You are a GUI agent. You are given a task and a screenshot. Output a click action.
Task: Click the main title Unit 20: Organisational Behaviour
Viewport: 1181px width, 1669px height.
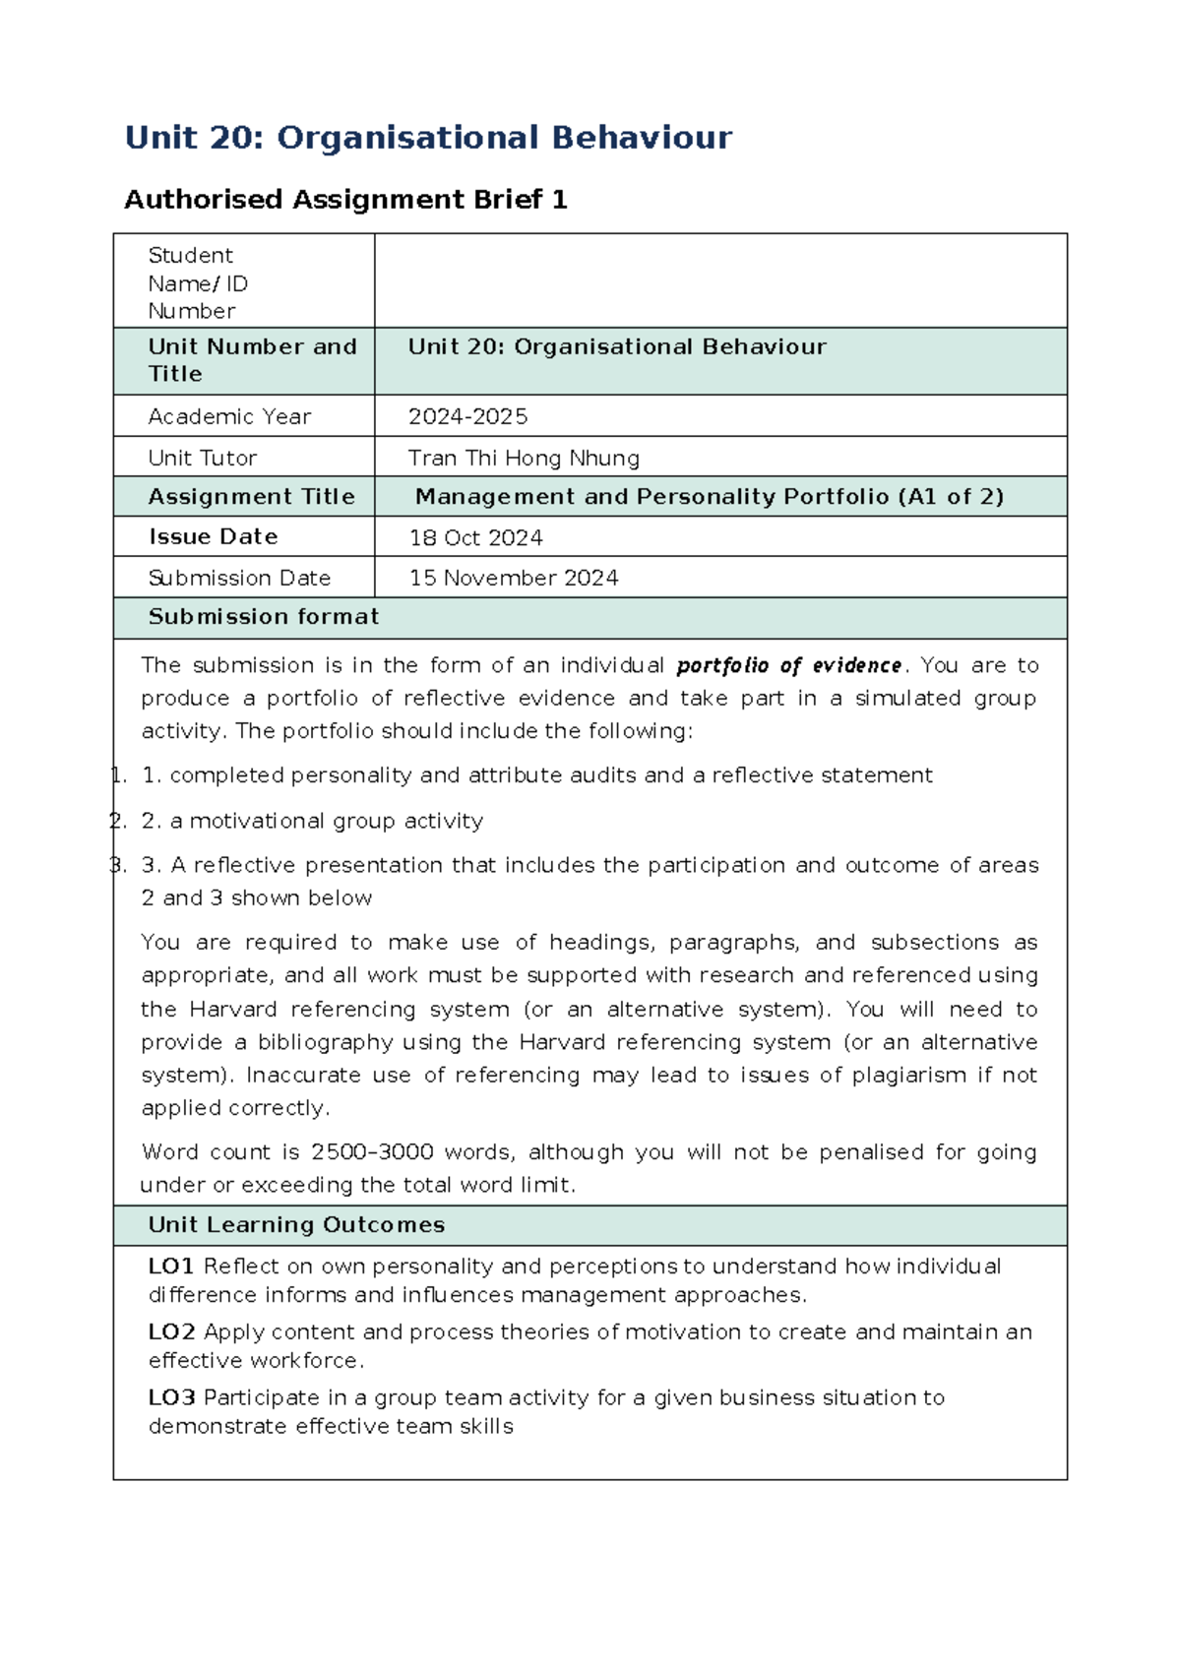coord(428,138)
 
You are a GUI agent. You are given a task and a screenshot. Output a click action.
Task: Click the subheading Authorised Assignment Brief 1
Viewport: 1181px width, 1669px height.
coord(345,200)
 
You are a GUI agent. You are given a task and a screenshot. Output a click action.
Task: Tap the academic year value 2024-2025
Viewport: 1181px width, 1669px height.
coord(467,416)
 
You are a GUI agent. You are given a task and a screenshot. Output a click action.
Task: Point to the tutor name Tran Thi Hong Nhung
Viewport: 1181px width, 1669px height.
coord(524,458)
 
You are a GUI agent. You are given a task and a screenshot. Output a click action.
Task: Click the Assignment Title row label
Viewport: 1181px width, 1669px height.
coord(251,497)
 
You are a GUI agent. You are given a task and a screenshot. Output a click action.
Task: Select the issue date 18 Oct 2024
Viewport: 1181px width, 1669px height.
coord(475,537)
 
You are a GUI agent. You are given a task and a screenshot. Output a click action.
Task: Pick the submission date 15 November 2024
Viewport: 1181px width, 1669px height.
coord(514,578)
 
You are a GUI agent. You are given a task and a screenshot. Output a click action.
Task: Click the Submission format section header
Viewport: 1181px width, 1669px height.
coord(263,617)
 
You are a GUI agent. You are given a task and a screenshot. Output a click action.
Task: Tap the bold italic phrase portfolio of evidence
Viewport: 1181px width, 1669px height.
coord(788,666)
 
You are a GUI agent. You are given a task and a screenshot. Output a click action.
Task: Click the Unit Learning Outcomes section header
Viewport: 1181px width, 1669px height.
coord(296,1225)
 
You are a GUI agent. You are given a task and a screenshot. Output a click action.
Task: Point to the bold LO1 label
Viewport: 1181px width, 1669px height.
coord(171,1267)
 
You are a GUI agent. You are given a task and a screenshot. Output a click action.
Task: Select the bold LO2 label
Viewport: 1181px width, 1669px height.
coord(171,1332)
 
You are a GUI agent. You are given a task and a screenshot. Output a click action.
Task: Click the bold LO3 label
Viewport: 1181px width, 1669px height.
coord(171,1398)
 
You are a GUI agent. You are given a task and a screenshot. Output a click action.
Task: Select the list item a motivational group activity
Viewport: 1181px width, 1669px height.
coord(326,821)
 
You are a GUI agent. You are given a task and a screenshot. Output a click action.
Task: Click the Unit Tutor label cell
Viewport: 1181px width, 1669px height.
coord(202,458)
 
